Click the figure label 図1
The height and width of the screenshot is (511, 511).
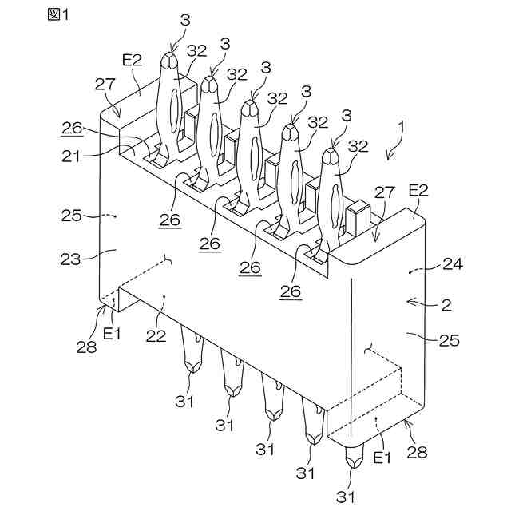coord(58,17)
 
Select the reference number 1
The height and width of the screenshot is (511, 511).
coord(402,125)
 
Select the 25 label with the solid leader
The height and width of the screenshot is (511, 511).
coord(450,339)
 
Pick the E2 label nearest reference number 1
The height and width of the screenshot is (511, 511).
coord(420,190)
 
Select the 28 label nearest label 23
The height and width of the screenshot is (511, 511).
coord(85,347)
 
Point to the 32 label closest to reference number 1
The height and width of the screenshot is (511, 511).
coord(358,146)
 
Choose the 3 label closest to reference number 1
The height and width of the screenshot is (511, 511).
coord(345,116)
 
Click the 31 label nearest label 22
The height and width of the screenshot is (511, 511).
coord(185,402)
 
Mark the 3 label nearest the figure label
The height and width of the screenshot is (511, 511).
coord(185,22)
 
